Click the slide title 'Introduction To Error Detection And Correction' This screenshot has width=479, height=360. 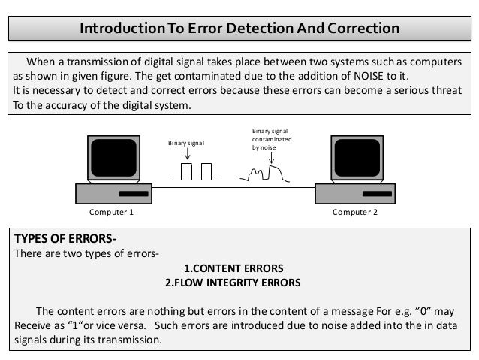(239, 29)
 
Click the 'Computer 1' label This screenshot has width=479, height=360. (111, 213)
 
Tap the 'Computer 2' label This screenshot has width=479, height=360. (354, 213)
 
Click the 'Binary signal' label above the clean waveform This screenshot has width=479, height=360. (185, 141)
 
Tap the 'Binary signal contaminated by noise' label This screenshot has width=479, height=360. (273, 140)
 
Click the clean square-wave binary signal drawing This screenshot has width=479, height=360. (194, 171)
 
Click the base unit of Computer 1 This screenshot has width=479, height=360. (113, 195)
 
